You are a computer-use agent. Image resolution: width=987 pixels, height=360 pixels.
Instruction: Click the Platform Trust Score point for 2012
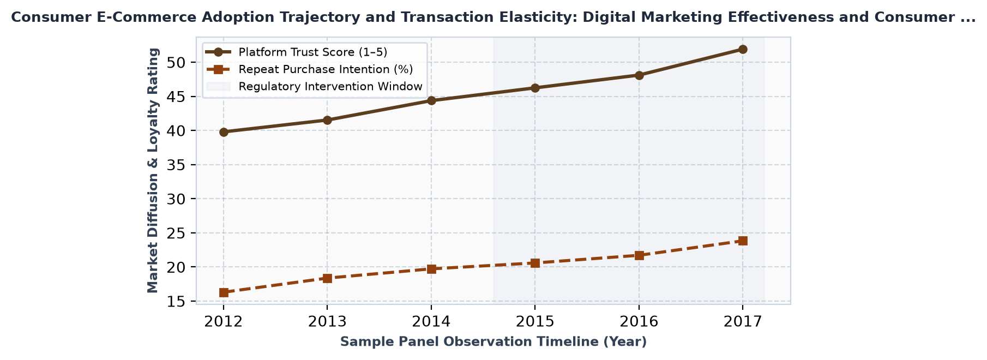pyautogui.click(x=224, y=132)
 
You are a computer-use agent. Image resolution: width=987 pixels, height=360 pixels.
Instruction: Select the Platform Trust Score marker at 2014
pyautogui.click(x=431, y=100)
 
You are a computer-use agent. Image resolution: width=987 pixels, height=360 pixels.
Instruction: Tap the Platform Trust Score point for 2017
pyautogui.click(x=743, y=49)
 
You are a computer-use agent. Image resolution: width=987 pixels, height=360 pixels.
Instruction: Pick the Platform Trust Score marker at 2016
pyautogui.click(x=639, y=75)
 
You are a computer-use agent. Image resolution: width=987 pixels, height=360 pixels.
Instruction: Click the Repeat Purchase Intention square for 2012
pyautogui.click(x=224, y=292)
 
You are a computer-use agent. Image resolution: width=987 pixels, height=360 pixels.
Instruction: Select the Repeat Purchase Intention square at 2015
pyautogui.click(x=535, y=263)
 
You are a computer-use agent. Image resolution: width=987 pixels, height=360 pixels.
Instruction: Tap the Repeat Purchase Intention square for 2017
pyautogui.click(x=743, y=241)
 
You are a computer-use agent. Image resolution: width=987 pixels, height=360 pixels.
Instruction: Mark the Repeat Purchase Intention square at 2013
pyautogui.click(x=327, y=278)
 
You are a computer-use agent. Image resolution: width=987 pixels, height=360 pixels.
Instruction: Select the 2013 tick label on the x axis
pyautogui.click(x=327, y=321)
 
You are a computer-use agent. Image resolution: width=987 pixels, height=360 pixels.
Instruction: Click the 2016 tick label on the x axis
pyautogui.click(x=639, y=321)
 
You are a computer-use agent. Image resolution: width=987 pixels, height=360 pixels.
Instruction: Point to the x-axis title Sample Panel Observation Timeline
pyautogui.click(x=469, y=342)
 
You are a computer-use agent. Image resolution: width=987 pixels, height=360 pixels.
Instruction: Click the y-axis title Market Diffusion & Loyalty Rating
pyautogui.click(x=153, y=170)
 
